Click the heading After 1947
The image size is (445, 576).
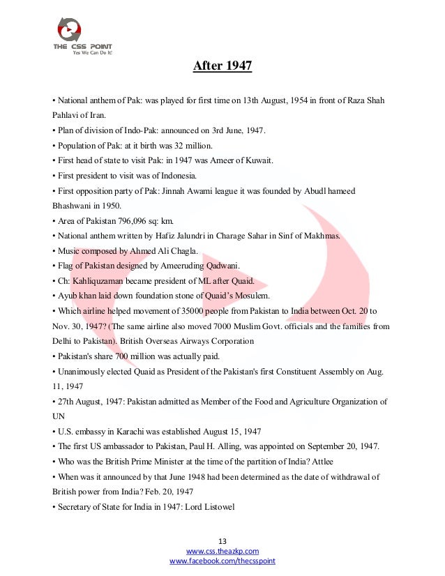pyautogui.click(x=222, y=67)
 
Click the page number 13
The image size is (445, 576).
pyautogui.click(x=222, y=541)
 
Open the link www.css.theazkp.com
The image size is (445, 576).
pyautogui.click(x=222, y=551)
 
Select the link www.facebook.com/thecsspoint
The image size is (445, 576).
pyautogui.click(x=222, y=561)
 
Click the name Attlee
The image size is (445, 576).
pyautogui.click(x=321, y=462)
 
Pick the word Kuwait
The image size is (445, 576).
pyautogui.click(x=257, y=160)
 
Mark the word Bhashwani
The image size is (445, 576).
pyautogui.click(x=74, y=206)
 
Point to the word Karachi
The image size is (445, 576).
pyautogui.click(x=126, y=432)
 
